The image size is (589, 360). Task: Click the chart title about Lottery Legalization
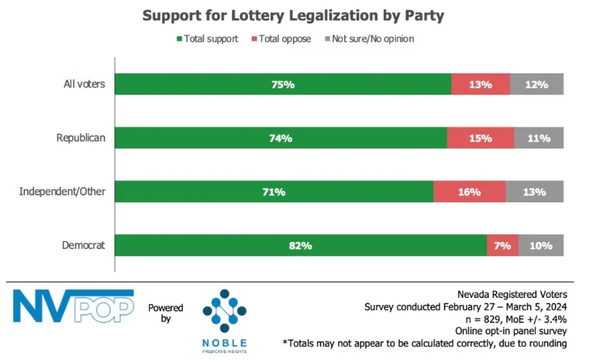click(293, 16)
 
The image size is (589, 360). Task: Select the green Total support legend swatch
click(179, 39)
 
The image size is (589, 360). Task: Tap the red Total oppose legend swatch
click(254, 39)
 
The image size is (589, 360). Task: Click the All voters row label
click(84, 84)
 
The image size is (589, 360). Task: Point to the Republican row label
click(81, 138)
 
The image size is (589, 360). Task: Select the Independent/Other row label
click(62, 192)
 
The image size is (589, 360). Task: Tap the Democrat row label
click(83, 245)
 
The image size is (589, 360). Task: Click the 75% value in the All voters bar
click(283, 85)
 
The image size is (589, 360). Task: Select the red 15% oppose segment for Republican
click(480, 138)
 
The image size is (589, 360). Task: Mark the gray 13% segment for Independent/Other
click(534, 192)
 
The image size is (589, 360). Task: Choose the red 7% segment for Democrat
click(502, 246)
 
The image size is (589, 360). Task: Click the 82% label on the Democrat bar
click(300, 246)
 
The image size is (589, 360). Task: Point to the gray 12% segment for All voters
click(536, 85)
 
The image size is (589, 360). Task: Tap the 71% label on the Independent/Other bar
click(274, 192)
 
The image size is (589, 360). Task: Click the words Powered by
click(166, 313)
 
